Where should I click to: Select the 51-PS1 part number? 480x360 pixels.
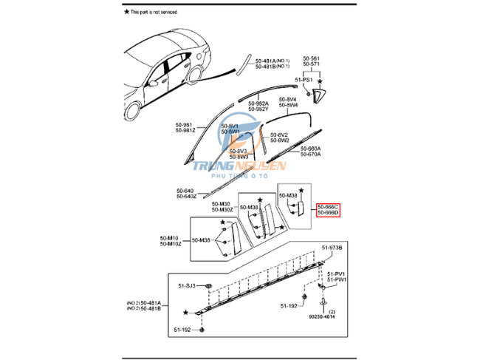coord(304,79)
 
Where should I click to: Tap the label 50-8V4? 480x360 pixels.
coord(288,99)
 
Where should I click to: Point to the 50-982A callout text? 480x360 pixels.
coord(258,103)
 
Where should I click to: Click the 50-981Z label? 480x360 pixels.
coord(185,130)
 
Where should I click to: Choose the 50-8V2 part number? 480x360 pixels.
coord(279,135)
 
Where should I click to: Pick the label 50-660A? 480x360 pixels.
coord(310,148)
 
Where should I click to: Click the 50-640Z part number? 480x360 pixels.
coord(187,196)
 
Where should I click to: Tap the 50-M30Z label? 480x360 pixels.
coord(222,210)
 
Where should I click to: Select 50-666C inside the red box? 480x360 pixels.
coord(328,206)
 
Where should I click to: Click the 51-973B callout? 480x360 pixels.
coord(331,247)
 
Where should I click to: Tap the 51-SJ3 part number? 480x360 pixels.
coord(185,285)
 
